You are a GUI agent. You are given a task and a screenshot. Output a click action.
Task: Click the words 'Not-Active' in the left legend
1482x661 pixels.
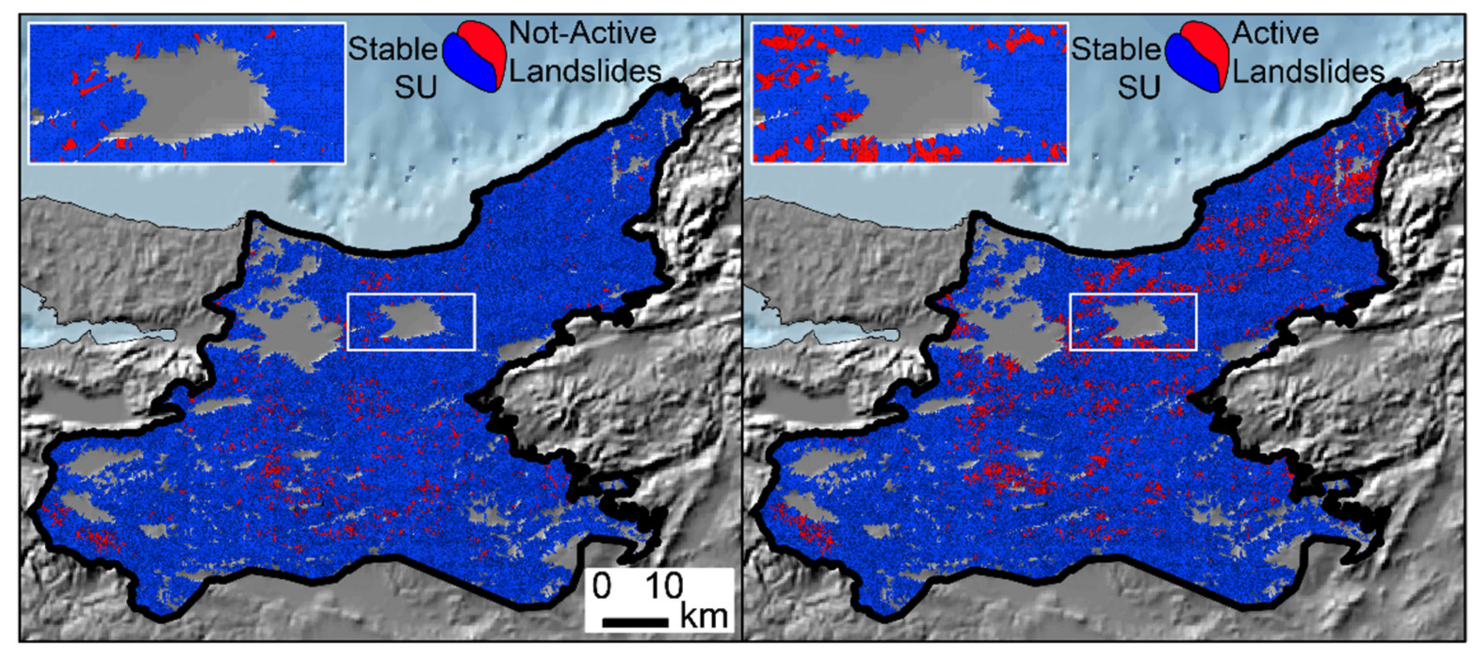click(x=582, y=33)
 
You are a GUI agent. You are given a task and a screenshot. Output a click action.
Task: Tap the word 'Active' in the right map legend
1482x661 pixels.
click(x=1275, y=33)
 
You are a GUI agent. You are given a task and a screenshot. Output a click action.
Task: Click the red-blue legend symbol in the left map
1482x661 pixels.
click(x=474, y=57)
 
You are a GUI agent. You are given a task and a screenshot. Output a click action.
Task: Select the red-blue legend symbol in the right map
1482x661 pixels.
click(x=1197, y=57)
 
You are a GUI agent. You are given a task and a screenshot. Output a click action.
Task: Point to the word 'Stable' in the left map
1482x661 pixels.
click(x=393, y=49)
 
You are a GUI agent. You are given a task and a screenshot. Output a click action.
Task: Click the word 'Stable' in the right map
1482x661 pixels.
click(x=1116, y=49)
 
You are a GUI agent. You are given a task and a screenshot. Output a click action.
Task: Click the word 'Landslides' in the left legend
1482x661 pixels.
click(x=585, y=72)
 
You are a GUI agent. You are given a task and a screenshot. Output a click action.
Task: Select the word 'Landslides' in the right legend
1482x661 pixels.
click(x=1308, y=72)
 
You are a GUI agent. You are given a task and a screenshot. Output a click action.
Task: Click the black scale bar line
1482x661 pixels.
click(x=635, y=622)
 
